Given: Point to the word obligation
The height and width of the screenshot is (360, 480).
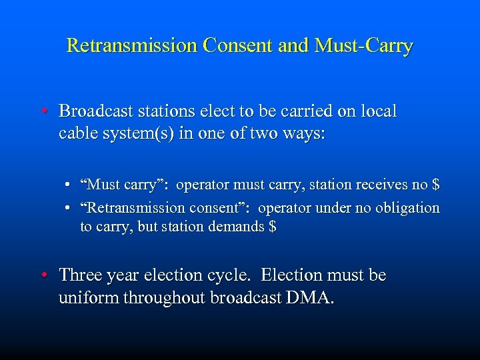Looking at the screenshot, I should (x=407, y=207).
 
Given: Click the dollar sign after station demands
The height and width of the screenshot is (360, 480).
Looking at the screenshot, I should (x=271, y=227).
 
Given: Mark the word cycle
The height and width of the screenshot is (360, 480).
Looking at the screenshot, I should (x=232, y=276).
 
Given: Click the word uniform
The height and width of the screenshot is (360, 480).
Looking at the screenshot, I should (x=85, y=298).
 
